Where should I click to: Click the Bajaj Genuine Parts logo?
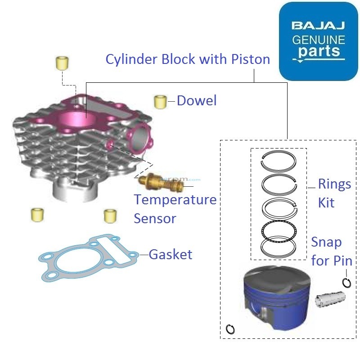[318, 41]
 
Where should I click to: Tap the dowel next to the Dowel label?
[160, 102]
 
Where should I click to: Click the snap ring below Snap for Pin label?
[346, 283]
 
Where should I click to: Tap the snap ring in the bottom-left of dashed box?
[230, 329]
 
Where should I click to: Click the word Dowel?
[197, 100]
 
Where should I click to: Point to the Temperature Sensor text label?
[175, 209]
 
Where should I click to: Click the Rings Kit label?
[334, 193]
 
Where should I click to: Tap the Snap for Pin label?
[332, 251]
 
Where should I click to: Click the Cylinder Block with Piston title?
[188, 59]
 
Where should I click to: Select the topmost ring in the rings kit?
[279, 162]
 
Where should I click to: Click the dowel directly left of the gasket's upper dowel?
[36, 215]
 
